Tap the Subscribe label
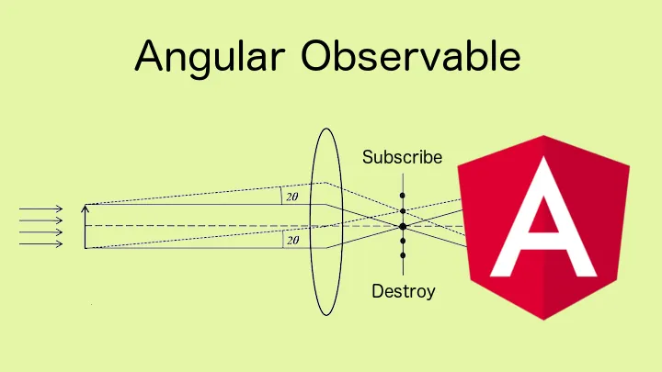402,157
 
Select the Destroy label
403,292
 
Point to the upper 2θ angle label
292,197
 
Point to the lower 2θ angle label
292,240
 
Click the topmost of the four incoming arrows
41,209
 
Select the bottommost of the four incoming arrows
41,243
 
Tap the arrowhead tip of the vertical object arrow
85,207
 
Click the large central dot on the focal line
403,226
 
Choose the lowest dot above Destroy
403,254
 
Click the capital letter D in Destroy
377,292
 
